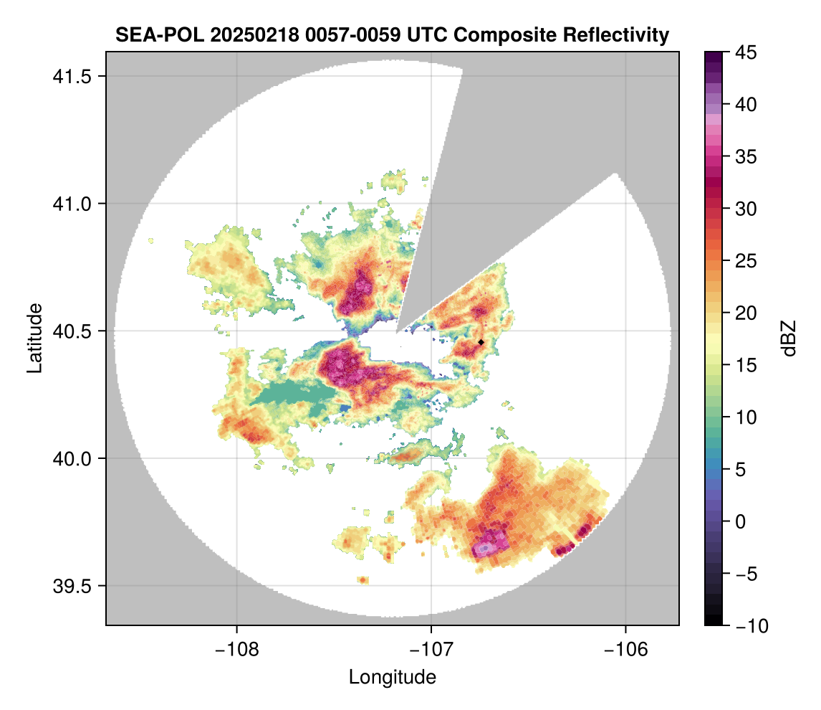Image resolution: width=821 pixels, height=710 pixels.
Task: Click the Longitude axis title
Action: pos(392,676)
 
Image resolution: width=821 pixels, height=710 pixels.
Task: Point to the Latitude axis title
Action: pos(34,338)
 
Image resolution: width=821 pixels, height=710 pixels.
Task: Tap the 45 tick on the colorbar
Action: pos(746,52)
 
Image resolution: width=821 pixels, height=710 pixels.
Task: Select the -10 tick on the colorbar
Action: pos(749,625)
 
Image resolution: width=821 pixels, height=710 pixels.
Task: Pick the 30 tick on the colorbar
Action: pos(746,209)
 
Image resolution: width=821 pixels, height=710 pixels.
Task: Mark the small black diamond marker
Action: pos(481,342)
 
